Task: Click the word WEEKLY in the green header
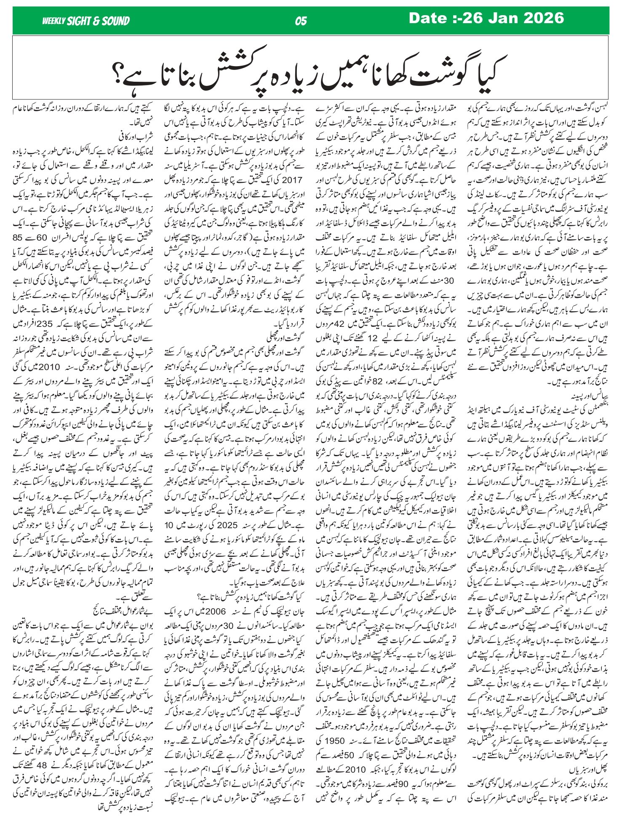[x=53, y=21]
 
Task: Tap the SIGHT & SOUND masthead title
[x=98, y=21]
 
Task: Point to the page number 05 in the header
[x=301, y=21]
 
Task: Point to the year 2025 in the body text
[x=241, y=524]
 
